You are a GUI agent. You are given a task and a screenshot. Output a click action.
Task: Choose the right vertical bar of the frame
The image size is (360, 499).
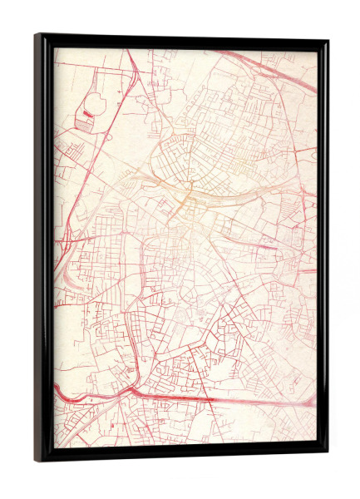click(323, 249)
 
